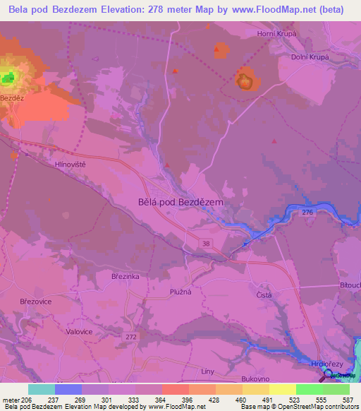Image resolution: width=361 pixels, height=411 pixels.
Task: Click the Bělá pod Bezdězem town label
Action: tap(178, 201)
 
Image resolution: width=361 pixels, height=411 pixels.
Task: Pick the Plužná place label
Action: tap(180, 290)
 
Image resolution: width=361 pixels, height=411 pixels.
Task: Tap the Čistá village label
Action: tap(264, 295)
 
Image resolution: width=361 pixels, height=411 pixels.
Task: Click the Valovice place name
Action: tap(78, 331)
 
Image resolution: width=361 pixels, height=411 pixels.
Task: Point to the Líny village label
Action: tap(207, 371)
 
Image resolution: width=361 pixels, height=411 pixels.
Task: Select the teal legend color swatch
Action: tap(42, 389)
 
